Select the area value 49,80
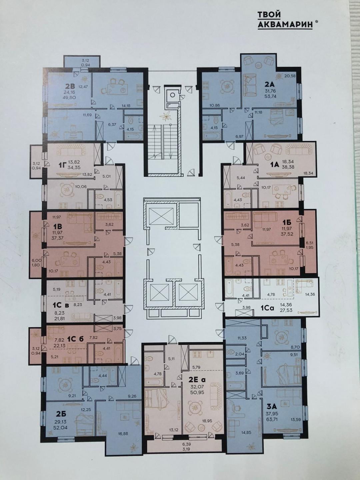click(x=69, y=98)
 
